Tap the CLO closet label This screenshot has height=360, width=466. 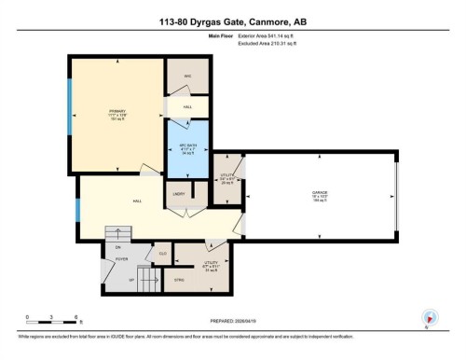click(x=162, y=253)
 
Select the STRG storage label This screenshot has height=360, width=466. click(x=181, y=277)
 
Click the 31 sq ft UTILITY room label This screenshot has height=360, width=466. click(x=211, y=265)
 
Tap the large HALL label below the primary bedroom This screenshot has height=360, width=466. click(x=136, y=201)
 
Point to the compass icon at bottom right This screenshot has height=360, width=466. click(x=428, y=317)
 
